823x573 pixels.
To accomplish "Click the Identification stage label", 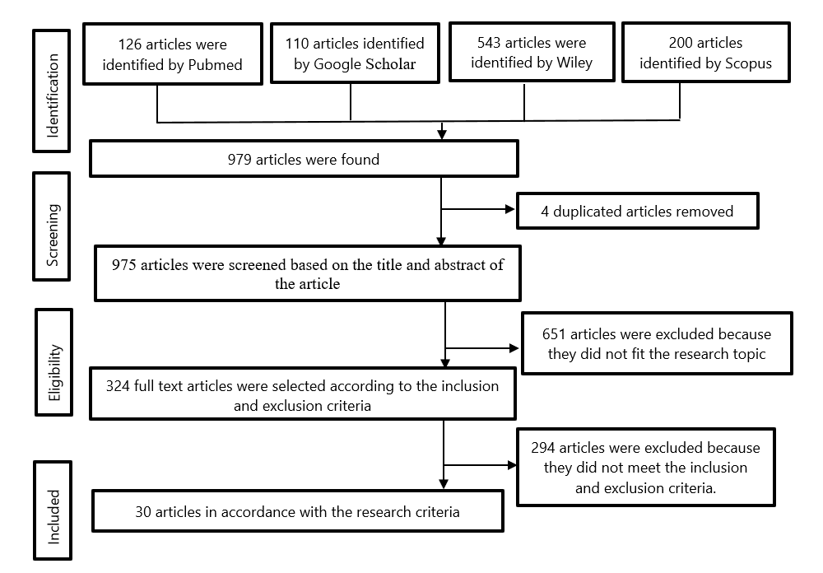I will pyautogui.click(x=52, y=91).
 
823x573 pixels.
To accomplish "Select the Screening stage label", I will pyautogui.click(x=53, y=235).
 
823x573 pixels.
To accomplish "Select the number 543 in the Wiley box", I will pyautogui.click(x=491, y=42).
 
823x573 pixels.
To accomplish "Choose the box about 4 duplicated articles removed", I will pyautogui.click(x=637, y=212).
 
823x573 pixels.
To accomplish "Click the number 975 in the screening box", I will pyautogui.click(x=124, y=265).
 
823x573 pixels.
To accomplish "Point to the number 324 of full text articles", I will pyautogui.click(x=119, y=385).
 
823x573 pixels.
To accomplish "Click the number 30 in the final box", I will pyautogui.click(x=144, y=511).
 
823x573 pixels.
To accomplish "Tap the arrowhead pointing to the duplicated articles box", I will pyautogui.click(x=510, y=209).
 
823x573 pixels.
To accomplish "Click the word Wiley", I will pyautogui.click(x=574, y=63).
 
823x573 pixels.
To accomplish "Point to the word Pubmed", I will pyautogui.click(x=214, y=64).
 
